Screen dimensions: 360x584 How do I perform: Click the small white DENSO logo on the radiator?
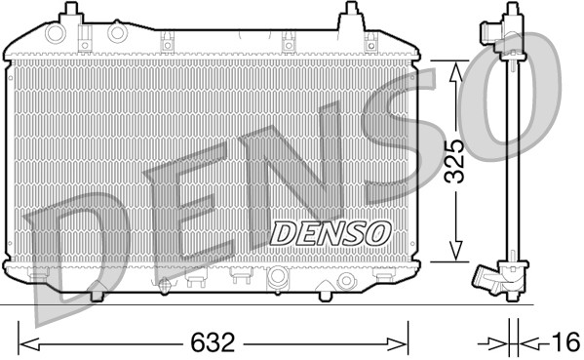coord(330,232)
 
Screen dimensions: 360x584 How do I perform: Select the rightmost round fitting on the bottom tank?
coord(344,281)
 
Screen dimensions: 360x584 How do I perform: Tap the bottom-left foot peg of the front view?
coord(97,292)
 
